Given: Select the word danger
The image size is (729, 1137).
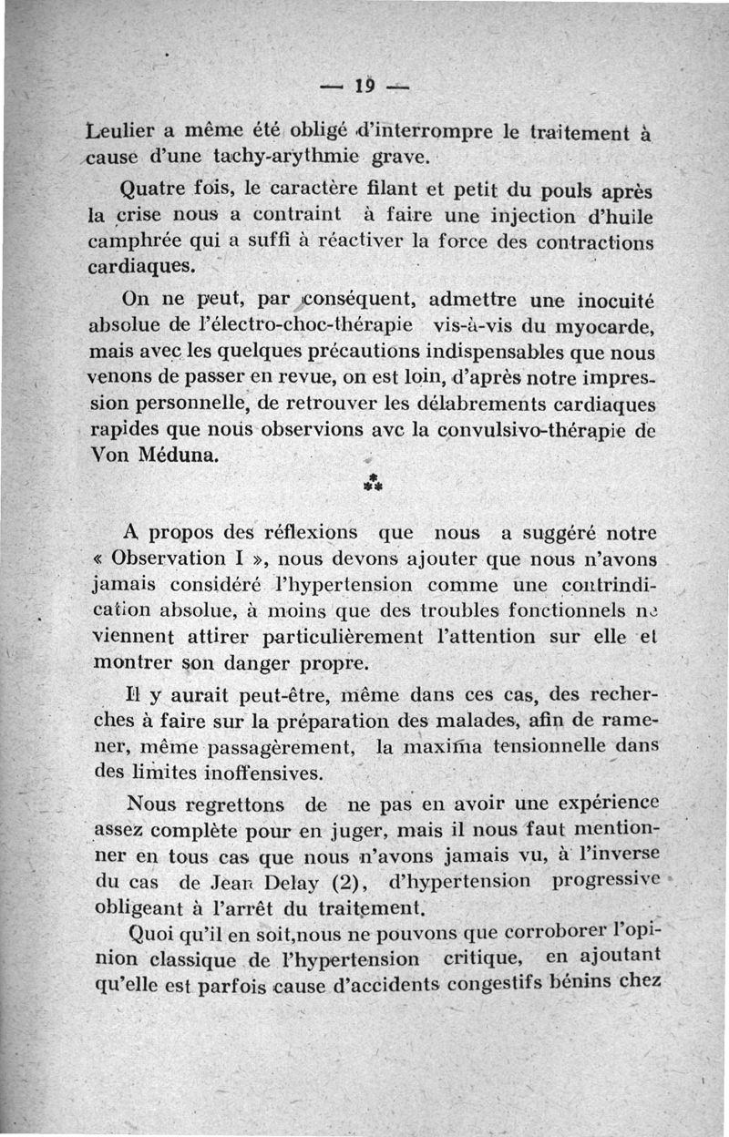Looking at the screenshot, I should tap(271, 663).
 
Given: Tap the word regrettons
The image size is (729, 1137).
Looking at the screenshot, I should tap(229, 804).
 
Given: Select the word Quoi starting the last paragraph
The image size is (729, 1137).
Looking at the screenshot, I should tap(156, 934).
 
